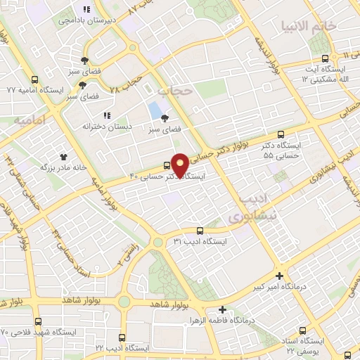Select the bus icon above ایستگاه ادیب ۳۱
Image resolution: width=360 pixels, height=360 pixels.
200,230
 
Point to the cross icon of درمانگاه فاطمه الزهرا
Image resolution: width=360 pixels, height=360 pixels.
222,309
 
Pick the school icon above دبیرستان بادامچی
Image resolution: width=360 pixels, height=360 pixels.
86,10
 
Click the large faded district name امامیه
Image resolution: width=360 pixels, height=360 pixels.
29,121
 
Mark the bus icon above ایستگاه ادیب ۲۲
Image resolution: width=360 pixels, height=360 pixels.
122,337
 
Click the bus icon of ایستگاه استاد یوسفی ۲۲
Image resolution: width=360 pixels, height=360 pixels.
304,330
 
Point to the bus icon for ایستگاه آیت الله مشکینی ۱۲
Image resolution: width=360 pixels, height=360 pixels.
324,59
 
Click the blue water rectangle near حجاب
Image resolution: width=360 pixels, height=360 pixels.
153,110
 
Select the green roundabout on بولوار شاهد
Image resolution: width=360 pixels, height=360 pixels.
124,302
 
